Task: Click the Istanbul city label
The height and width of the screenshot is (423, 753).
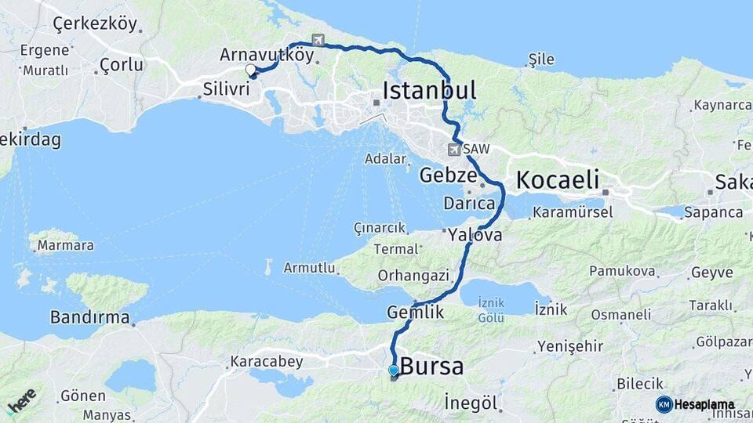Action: tap(429, 91)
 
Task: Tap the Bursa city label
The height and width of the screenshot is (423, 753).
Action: tap(431, 367)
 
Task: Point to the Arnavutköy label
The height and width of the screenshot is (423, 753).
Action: tap(267, 56)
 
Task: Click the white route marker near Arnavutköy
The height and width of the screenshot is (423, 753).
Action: tap(251, 70)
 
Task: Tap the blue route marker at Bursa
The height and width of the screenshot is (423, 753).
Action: tap(394, 371)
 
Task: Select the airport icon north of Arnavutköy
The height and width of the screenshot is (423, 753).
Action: tap(318, 40)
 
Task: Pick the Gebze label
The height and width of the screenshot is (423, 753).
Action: tap(448, 175)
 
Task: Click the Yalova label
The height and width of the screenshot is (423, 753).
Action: tap(475, 234)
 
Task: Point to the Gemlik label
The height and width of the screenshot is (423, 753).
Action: tap(416, 313)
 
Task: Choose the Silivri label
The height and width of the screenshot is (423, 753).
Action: tap(226, 89)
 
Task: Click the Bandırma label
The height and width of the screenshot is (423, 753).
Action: tap(89, 317)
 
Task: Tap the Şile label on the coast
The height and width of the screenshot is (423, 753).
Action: tap(541, 60)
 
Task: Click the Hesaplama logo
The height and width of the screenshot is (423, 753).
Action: tap(695, 404)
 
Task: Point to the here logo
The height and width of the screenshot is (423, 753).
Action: tap(20, 400)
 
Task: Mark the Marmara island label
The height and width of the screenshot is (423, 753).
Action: tap(66, 245)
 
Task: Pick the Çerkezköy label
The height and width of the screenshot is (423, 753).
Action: tap(95, 23)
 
